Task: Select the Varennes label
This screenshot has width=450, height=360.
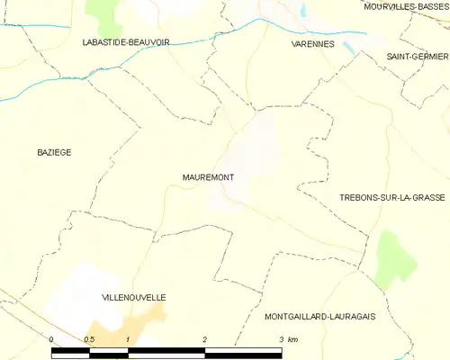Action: tap(313, 43)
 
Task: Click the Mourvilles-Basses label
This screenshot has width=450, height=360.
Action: tap(406, 6)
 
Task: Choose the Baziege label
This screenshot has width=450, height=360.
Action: tap(54, 152)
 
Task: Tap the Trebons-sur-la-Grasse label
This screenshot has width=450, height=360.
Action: tap(392, 196)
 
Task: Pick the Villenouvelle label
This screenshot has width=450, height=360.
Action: tap(134, 296)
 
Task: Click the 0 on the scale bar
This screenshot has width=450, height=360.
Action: tap(52, 339)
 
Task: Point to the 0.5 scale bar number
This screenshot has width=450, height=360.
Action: tap(89, 339)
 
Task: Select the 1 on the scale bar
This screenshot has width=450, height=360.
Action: tap(129, 339)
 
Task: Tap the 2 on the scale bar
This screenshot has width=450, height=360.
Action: tap(205, 339)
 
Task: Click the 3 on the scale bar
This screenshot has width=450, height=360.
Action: tap(281, 339)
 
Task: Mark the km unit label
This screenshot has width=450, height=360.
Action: tap(293, 339)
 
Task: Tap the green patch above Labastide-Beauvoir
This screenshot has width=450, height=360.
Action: tap(106, 13)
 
